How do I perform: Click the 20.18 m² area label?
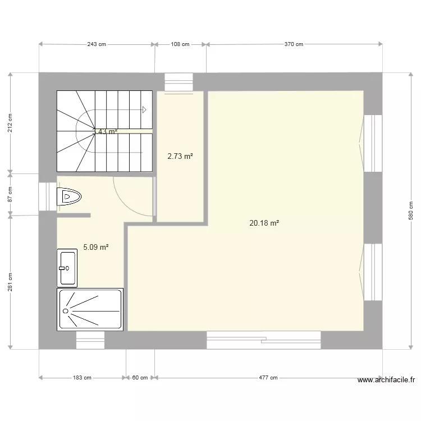tap(264, 223)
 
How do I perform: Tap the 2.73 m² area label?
tap(180, 157)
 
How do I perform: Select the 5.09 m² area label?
tap(95, 246)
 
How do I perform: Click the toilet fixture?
tap(69, 196)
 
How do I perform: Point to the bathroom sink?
tap(67, 268)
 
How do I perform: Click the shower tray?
tap(90, 309)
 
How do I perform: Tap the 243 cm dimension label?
tap(97, 44)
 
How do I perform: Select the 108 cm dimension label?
tap(180, 44)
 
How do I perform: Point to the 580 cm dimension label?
tap(410, 210)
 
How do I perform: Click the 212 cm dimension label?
tap(10, 123)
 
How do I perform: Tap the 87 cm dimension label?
tap(10, 194)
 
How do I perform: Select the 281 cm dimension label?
tap(10, 282)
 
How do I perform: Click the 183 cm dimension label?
tap(82, 378)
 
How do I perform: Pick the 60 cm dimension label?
tap(140, 378)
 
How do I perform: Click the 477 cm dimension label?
tap(268, 378)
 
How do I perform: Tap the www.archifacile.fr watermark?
tap(386, 380)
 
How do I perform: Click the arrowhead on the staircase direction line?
tap(144, 109)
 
